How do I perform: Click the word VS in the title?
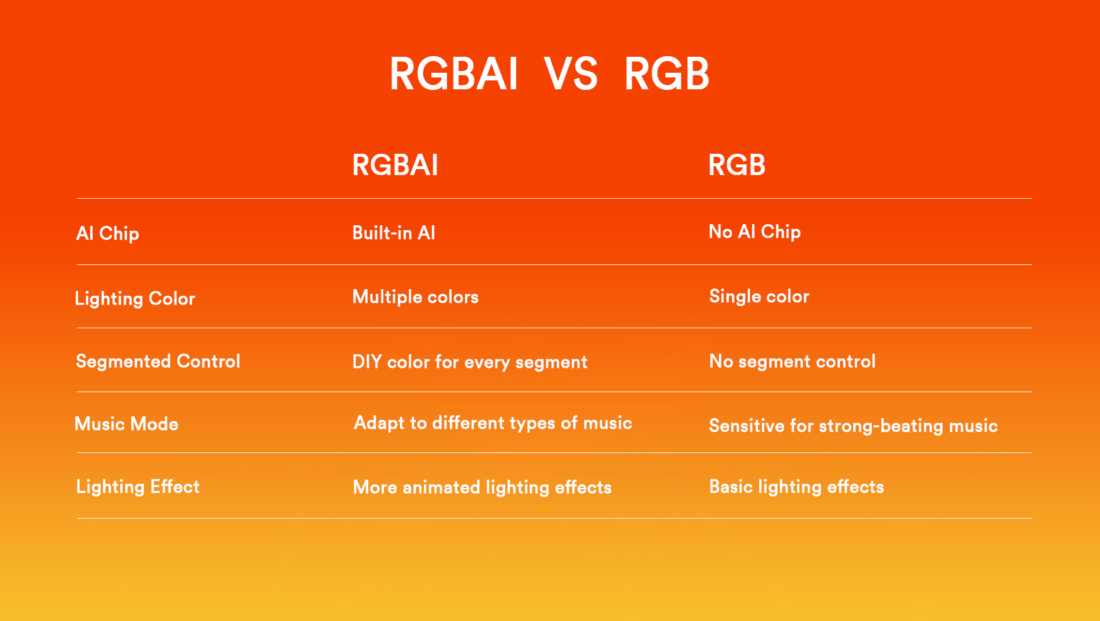point(571,74)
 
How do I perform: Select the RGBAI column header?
point(395,165)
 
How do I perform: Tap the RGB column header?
point(737,165)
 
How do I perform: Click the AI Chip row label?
point(108,234)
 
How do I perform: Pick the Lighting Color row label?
point(135,299)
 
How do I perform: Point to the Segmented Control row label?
point(158,361)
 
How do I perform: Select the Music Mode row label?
point(127,424)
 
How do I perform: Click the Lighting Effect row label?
point(138,487)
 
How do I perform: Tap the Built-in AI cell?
point(394,233)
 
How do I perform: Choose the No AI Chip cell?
point(755,232)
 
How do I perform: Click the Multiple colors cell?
point(415,297)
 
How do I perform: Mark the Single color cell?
point(759,296)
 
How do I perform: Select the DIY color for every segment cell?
point(470,362)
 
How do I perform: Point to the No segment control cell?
point(792,361)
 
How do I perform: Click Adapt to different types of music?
point(493,423)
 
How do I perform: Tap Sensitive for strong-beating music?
point(853,426)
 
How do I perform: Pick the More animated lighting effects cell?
point(482,488)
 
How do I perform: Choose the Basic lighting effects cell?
point(797,487)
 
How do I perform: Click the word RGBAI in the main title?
point(454,74)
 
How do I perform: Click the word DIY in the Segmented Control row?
point(367,362)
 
